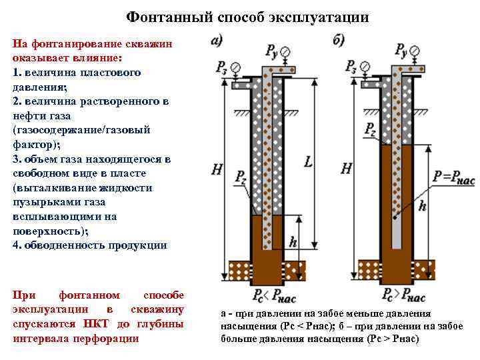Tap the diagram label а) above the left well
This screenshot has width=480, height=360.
pos(217,40)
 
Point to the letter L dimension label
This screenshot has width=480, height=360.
pos(308,161)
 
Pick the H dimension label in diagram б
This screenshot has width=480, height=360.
pos(346,168)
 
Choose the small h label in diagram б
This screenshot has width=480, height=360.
pos(422,207)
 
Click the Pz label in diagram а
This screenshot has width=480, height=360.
pos(240,177)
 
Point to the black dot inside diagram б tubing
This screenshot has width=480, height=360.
pos(395,217)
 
